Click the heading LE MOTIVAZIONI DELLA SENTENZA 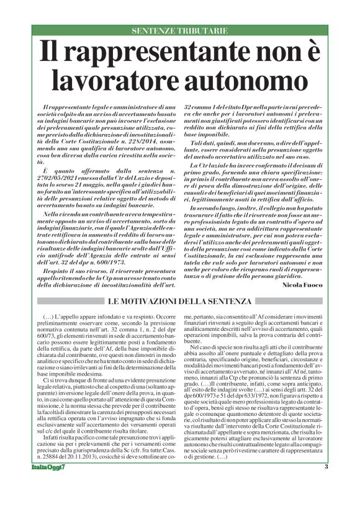tap(180, 301)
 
